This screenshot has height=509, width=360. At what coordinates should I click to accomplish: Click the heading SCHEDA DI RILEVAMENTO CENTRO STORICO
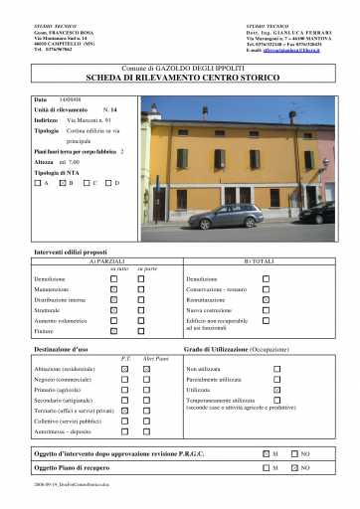coord(179,78)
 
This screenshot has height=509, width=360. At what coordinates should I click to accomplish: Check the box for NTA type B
coord(62,183)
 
